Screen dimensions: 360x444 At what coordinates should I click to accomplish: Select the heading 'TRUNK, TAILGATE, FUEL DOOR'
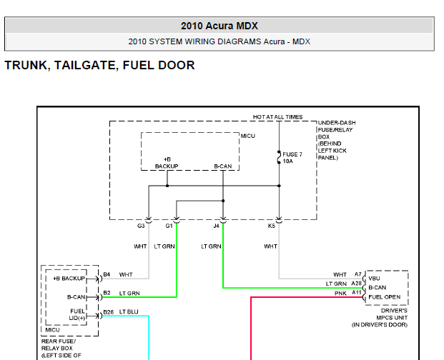[99, 65]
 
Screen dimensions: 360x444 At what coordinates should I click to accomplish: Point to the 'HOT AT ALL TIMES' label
[277, 117]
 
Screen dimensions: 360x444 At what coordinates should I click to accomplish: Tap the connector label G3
[142, 226]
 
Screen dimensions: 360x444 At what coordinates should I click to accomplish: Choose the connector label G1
[169, 226]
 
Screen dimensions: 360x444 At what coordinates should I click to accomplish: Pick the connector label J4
[217, 226]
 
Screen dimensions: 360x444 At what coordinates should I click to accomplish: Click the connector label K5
[272, 226]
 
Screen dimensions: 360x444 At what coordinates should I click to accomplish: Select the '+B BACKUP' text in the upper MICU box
[167, 162]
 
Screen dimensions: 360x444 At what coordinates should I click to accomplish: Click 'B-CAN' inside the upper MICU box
[223, 166]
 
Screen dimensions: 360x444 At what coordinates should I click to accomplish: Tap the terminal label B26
[108, 312]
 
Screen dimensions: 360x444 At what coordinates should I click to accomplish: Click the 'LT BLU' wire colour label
[129, 312]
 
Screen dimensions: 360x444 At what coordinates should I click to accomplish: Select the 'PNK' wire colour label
[340, 294]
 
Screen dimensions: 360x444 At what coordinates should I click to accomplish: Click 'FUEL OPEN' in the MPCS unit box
[385, 297]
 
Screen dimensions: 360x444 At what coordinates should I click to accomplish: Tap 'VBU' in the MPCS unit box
[375, 279]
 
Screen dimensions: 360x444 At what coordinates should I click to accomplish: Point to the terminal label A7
[358, 274]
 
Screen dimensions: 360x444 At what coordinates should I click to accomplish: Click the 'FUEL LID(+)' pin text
[77, 314]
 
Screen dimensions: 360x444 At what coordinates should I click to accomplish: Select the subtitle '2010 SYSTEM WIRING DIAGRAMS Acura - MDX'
[219, 41]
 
